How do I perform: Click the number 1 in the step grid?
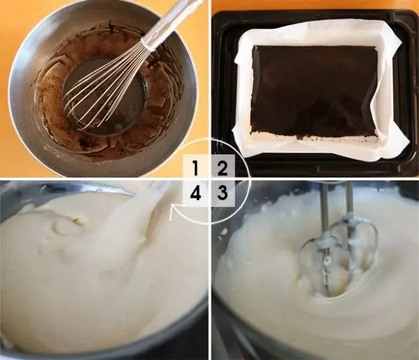coord(196,168)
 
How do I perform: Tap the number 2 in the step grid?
coord(222,168)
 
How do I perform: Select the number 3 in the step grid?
coord(222,192)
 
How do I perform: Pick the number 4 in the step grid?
coord(196,192)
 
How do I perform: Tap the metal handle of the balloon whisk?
coord(170,23)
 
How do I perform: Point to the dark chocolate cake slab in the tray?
coord(314,90)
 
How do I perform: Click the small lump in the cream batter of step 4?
coord(77,221)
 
